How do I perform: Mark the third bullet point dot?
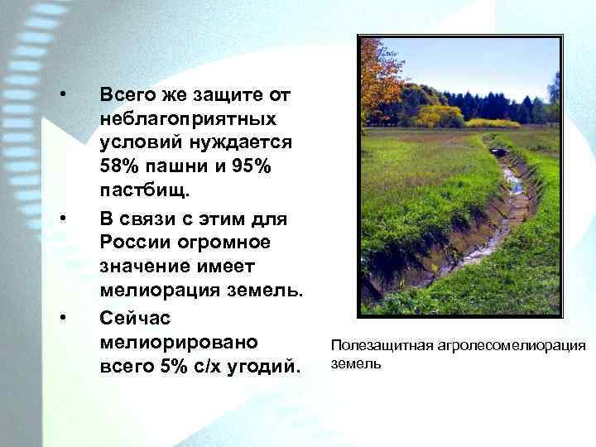(x=63, y=315)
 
